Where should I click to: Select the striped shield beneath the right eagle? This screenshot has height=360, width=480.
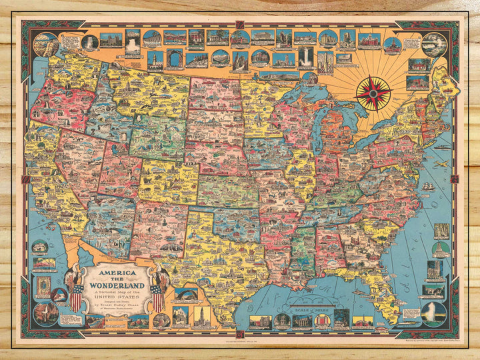(158, 297)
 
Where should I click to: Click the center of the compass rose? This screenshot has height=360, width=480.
(373, 93)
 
